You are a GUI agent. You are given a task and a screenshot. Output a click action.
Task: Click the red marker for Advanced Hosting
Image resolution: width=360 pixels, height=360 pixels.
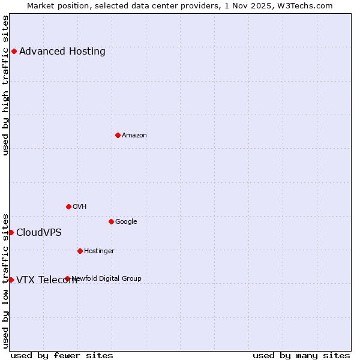coord(14,51)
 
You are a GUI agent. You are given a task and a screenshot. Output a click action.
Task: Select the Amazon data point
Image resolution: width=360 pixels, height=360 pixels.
coord(118,135)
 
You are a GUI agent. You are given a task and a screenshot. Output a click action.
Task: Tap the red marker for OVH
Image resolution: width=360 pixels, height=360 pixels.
coord(68,206)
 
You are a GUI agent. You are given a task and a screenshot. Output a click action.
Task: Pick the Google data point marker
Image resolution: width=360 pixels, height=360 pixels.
coord(111,221)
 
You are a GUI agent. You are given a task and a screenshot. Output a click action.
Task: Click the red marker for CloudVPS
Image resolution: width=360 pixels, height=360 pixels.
coord(11,232)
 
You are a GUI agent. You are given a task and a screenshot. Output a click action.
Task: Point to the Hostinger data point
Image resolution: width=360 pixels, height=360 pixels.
coord(80,251)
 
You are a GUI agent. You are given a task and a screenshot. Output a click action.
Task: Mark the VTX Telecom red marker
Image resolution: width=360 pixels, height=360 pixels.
coord(11,280)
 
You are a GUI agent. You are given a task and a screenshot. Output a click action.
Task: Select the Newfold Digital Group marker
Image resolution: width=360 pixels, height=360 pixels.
coord(67,278)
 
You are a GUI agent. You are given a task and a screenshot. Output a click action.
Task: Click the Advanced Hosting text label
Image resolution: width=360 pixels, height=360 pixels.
coord(62,51)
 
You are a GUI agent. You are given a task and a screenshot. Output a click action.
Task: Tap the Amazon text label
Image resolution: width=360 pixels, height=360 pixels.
coord(134,135)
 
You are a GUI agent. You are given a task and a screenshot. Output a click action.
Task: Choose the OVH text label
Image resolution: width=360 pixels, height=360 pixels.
coord(80,206)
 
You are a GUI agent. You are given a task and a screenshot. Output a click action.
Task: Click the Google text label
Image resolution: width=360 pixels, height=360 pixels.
coord(126,221)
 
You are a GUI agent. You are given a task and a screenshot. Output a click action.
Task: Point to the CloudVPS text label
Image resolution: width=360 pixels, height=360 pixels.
coord(39,232)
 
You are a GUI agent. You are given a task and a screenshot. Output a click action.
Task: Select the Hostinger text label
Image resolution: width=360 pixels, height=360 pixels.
coord(99,251)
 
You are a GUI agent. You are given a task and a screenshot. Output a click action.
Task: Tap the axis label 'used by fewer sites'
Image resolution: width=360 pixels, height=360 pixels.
coord(62,355)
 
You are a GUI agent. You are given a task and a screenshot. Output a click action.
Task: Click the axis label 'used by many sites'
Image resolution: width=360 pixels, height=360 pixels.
coord(301,355)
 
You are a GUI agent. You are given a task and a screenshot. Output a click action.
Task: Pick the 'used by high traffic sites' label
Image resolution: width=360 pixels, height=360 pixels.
coord(5,85)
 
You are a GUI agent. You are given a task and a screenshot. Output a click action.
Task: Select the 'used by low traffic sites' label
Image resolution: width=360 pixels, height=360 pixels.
coord(5,281)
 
